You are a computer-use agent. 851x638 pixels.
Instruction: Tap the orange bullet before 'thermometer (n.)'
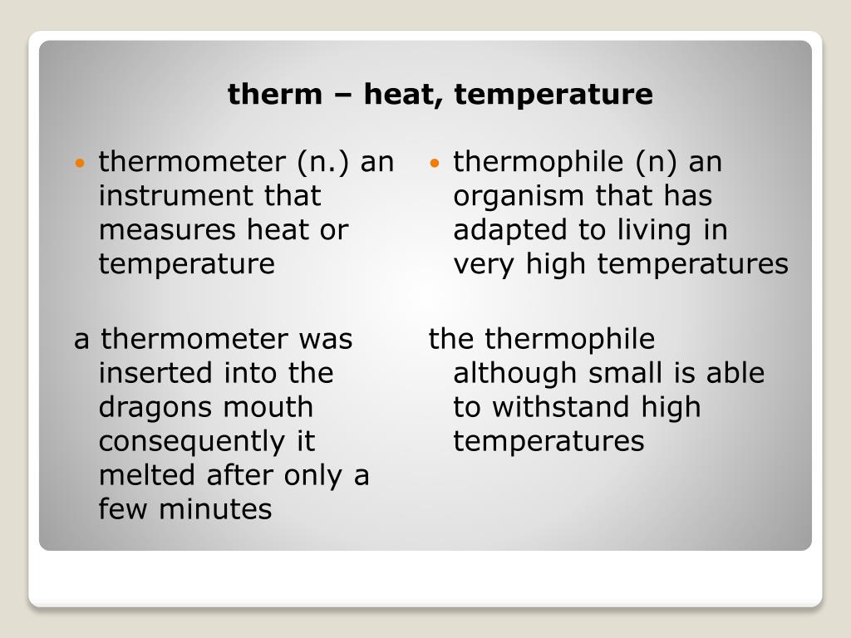pos(80,163)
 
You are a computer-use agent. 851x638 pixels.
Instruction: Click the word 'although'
pos(515,374)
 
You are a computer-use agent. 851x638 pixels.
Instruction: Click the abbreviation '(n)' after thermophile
pos(661,162)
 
